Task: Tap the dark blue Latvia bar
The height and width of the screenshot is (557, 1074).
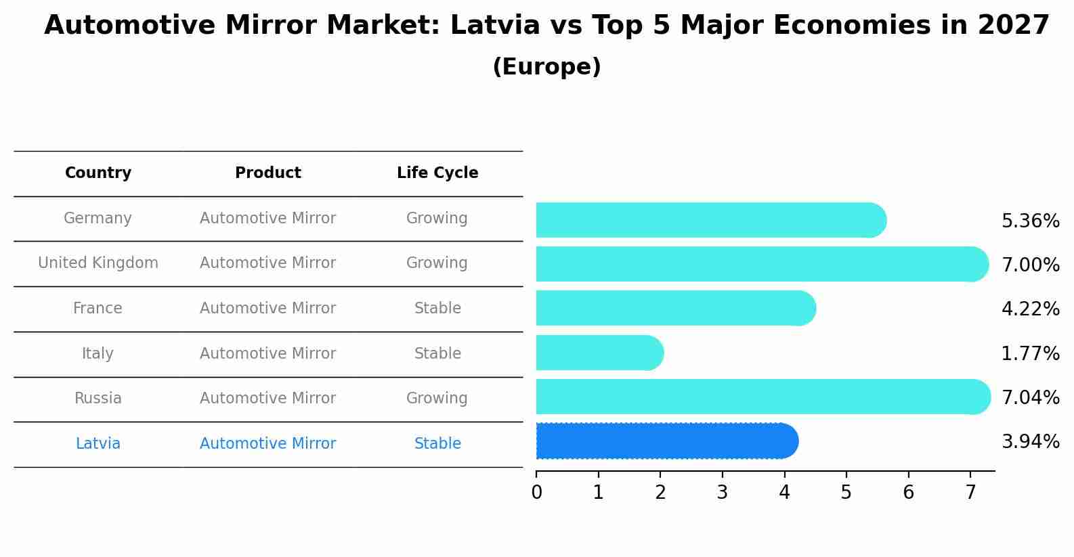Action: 667,441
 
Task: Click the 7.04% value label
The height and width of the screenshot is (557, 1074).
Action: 1030,397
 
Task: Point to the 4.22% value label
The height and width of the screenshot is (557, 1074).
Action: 1030,309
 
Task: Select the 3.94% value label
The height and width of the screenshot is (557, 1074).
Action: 1030,442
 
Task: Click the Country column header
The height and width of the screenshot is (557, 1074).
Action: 98,173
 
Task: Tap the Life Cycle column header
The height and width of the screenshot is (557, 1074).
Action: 437,173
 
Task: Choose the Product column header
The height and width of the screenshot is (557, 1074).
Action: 268,173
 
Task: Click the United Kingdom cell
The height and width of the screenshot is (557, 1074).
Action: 98,263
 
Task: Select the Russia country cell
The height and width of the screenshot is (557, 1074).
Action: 98,399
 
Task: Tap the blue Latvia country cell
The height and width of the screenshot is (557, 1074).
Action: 98,444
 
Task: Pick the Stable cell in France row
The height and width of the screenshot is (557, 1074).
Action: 437,309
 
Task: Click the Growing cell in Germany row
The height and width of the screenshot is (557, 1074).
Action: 437,219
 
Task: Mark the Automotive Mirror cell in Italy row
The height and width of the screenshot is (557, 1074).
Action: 267,353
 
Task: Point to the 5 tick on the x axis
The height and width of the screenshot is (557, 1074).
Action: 846,493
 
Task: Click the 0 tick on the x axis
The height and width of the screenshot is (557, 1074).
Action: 537,493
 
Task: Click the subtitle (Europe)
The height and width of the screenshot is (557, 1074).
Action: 546,67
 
